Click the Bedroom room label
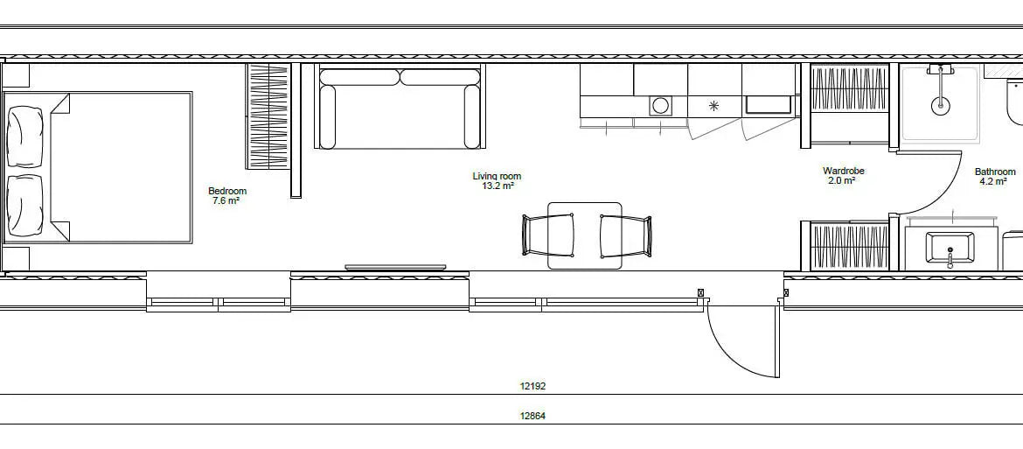pos(227,191)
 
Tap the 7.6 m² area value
pos(226,201)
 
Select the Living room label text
pos(498,176)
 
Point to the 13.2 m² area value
pos(498,186)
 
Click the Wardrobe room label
pos(844,171)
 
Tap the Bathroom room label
pos(996,172)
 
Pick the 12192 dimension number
pos(532,386)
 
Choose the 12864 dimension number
pos(532,416)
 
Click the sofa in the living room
pos(400,108)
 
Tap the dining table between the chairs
pos(585,235)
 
